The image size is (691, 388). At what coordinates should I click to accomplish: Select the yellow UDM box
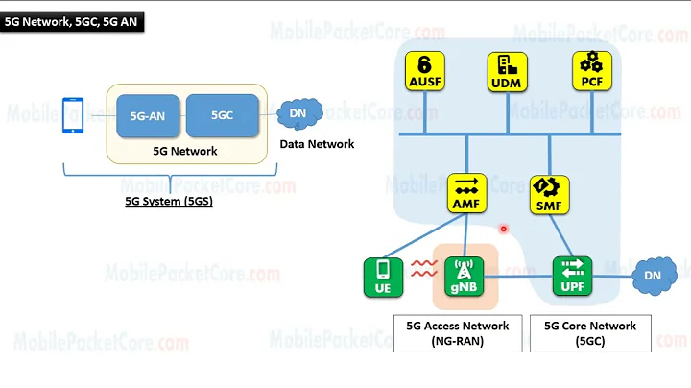pos(506,72)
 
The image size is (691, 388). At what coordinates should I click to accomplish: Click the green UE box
pos(383,276)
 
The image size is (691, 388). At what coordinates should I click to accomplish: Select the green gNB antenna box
pos(465,276)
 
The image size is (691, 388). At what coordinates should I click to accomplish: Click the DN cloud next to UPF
pos(652,276)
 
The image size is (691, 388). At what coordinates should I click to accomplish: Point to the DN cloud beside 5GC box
pos(298,115)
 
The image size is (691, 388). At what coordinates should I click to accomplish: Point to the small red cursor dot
pos(503,230)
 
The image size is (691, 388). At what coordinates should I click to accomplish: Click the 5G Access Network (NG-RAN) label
pos(458,333)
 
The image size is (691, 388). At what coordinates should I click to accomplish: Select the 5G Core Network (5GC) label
pos(589,333)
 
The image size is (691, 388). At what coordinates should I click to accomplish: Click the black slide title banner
pos(73,22)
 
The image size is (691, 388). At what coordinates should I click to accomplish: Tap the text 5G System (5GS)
pos(172,202)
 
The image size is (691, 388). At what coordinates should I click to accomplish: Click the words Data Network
pos(317,144)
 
